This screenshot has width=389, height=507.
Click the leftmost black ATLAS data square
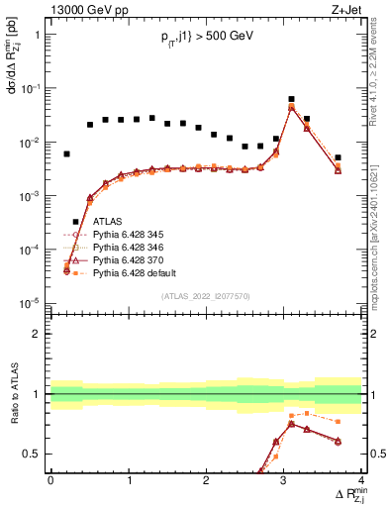(66, 154)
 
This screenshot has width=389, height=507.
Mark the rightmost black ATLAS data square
(338, 157)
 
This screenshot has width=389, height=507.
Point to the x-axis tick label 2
(206, 480)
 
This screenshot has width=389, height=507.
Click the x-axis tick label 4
(361, 480)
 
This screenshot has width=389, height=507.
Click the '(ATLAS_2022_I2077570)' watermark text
(206, 296)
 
